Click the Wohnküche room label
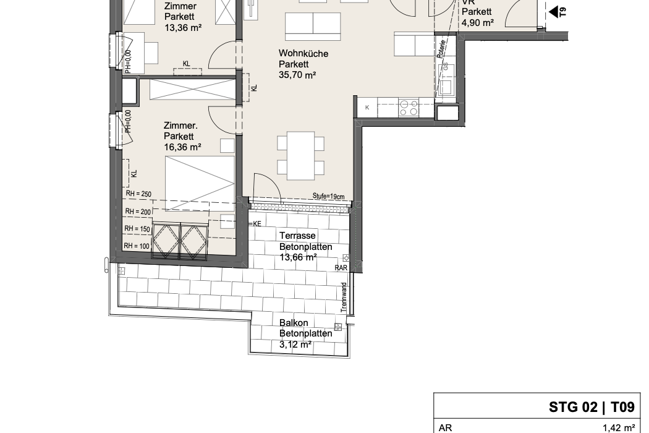(303, 53)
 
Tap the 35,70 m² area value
(297, 75)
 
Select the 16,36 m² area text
(182, 147)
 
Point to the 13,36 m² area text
(183, 28)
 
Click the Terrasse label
(297, 235)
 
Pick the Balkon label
(294, 323)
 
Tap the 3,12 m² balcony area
(295, 345)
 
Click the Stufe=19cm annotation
(328, 196)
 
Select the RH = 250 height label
(138, 194)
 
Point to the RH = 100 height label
(137, 246)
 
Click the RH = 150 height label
(137, 229)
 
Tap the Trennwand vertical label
(344, 298)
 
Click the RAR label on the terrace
(341, 268)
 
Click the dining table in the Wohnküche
(300, 156)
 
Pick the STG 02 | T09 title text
(592, 407)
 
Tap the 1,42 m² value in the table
(619, 428)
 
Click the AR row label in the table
(446, 428)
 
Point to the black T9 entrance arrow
(553, 12)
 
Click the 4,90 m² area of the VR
(478, 22)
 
